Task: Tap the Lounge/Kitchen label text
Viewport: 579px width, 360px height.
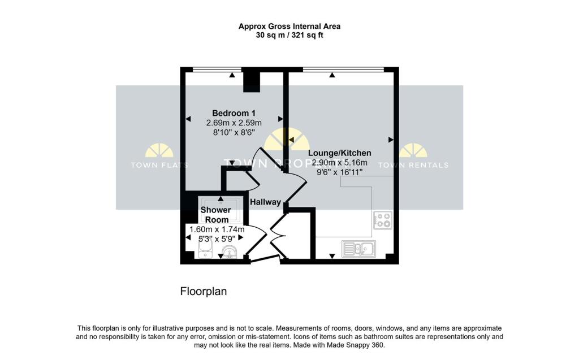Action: [339, 153]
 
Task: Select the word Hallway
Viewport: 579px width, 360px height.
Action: [265, 202]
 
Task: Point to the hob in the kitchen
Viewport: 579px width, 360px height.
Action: [382, 220]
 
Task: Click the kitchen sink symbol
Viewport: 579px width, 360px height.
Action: [358, 248]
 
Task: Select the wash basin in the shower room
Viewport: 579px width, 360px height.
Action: [230, 251]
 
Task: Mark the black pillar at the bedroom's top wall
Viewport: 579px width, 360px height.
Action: [252, 80]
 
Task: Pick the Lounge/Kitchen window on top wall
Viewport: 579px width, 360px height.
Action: [343, 69]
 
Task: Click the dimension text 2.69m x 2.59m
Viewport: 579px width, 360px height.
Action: [233, 123]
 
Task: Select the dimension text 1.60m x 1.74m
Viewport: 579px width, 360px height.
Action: [217, 229]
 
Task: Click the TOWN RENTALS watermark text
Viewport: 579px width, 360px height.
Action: [413, 165]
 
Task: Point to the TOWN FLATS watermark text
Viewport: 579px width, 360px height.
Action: [159, 165]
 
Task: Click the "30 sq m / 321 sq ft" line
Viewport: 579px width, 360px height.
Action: [289, 35]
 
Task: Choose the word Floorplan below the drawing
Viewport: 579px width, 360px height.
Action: [203, 292]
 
